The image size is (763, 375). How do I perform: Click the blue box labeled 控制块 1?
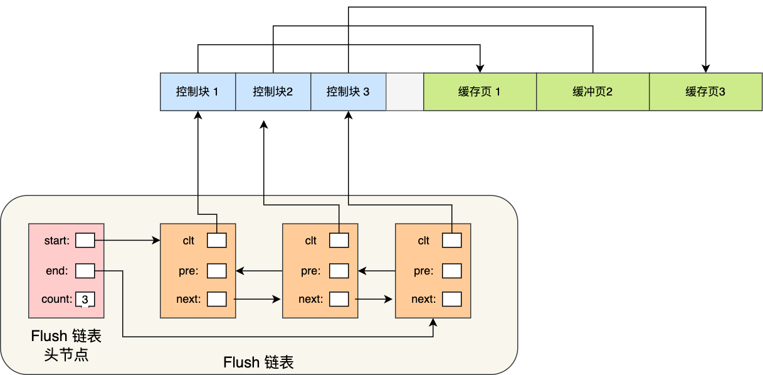197,92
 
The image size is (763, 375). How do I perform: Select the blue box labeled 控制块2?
273,92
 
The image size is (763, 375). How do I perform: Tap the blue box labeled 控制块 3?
348,92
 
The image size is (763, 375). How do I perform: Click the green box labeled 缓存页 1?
480,92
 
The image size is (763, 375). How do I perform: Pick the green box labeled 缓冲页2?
592,92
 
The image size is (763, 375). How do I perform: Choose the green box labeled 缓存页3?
705,92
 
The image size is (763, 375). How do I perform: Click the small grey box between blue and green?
405,92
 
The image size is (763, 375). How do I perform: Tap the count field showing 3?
85,299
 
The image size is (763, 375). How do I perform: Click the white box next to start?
85,240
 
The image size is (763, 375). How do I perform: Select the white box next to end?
85,271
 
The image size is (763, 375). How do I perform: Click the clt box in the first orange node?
217,240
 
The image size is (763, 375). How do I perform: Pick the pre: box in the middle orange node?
339,271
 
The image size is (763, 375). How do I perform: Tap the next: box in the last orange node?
451,299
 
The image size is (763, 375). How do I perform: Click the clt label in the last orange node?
424,241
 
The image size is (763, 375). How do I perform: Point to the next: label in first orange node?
189,299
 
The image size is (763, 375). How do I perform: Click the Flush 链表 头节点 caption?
66,345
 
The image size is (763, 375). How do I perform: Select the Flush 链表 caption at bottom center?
258,362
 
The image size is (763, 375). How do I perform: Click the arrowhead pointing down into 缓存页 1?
480,68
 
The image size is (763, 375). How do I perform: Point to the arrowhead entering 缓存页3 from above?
705,68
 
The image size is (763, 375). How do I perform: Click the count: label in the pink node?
57,299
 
